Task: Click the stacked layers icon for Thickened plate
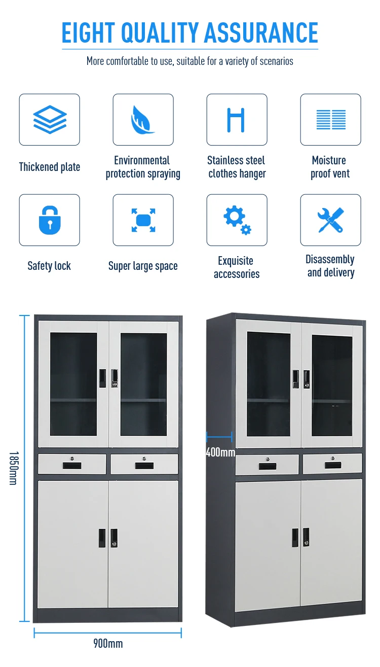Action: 50,120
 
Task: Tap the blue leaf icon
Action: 143,120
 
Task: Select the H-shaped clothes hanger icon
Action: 236,120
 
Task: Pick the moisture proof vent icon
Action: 330,120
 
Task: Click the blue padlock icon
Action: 50,220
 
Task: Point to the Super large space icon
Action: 143,220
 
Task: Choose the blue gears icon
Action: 237,220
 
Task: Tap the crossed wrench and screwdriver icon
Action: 330,220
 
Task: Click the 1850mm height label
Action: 13,468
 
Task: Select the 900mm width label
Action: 108,644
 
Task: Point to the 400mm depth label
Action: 220,452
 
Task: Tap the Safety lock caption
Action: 49,266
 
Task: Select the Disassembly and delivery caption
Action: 330,266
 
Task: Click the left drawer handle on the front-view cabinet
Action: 72,465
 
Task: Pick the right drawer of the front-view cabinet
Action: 144,464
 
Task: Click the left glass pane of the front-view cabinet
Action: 73,384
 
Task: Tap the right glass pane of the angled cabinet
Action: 332,385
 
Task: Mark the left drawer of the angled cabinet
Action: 267,464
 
